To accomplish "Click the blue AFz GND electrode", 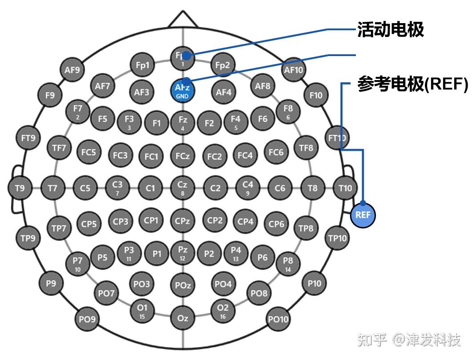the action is click(182, 90).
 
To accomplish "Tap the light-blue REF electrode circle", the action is click(363, 215).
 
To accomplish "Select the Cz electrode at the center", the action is click(182, 188).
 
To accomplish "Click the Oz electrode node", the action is click(182, 318).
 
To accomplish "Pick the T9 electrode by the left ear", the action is click(20, 188).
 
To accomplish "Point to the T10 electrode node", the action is click(345, 188).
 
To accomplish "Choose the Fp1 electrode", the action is click(142, 65).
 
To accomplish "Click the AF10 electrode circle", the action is click(293, 70).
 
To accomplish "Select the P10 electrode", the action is click(314, 283).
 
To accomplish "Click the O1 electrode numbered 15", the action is click(142, 311).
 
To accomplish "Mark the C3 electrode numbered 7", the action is click(117, 188).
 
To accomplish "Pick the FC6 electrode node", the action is click(276, 152).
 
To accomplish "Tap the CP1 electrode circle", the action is click(151, 220).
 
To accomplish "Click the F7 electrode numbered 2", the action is click(77, 111).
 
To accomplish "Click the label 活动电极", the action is click(390, 30).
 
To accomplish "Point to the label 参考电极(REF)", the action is click(412, 84).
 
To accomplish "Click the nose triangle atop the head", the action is click(182, 19).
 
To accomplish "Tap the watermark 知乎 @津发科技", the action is click(409, 340).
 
